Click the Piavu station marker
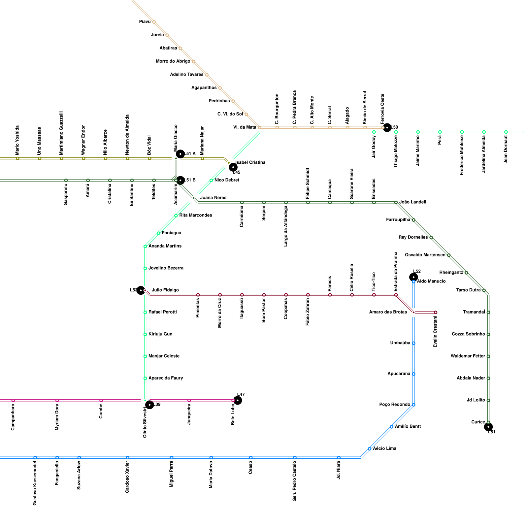point(154,22)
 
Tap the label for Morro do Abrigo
point(173,61)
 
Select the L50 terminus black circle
point(387,127)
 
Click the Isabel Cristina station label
point(250,162)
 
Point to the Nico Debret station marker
point(211,180)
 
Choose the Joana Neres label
point(213,198)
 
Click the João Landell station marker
point(396,202)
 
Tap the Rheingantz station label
point(451,273)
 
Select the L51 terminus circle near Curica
point(488,427)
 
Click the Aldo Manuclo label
point(431,281)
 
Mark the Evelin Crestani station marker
point(436,313)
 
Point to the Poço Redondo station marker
point(413,405)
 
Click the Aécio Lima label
point(384,448)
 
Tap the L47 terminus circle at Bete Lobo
point(238,400)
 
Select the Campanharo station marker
point(13,401)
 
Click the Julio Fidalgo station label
point(165,290)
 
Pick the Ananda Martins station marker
point(145,247)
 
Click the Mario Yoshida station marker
point(17,158)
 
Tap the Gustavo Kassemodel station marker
point(35,458)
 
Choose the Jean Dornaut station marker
point(506,132)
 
